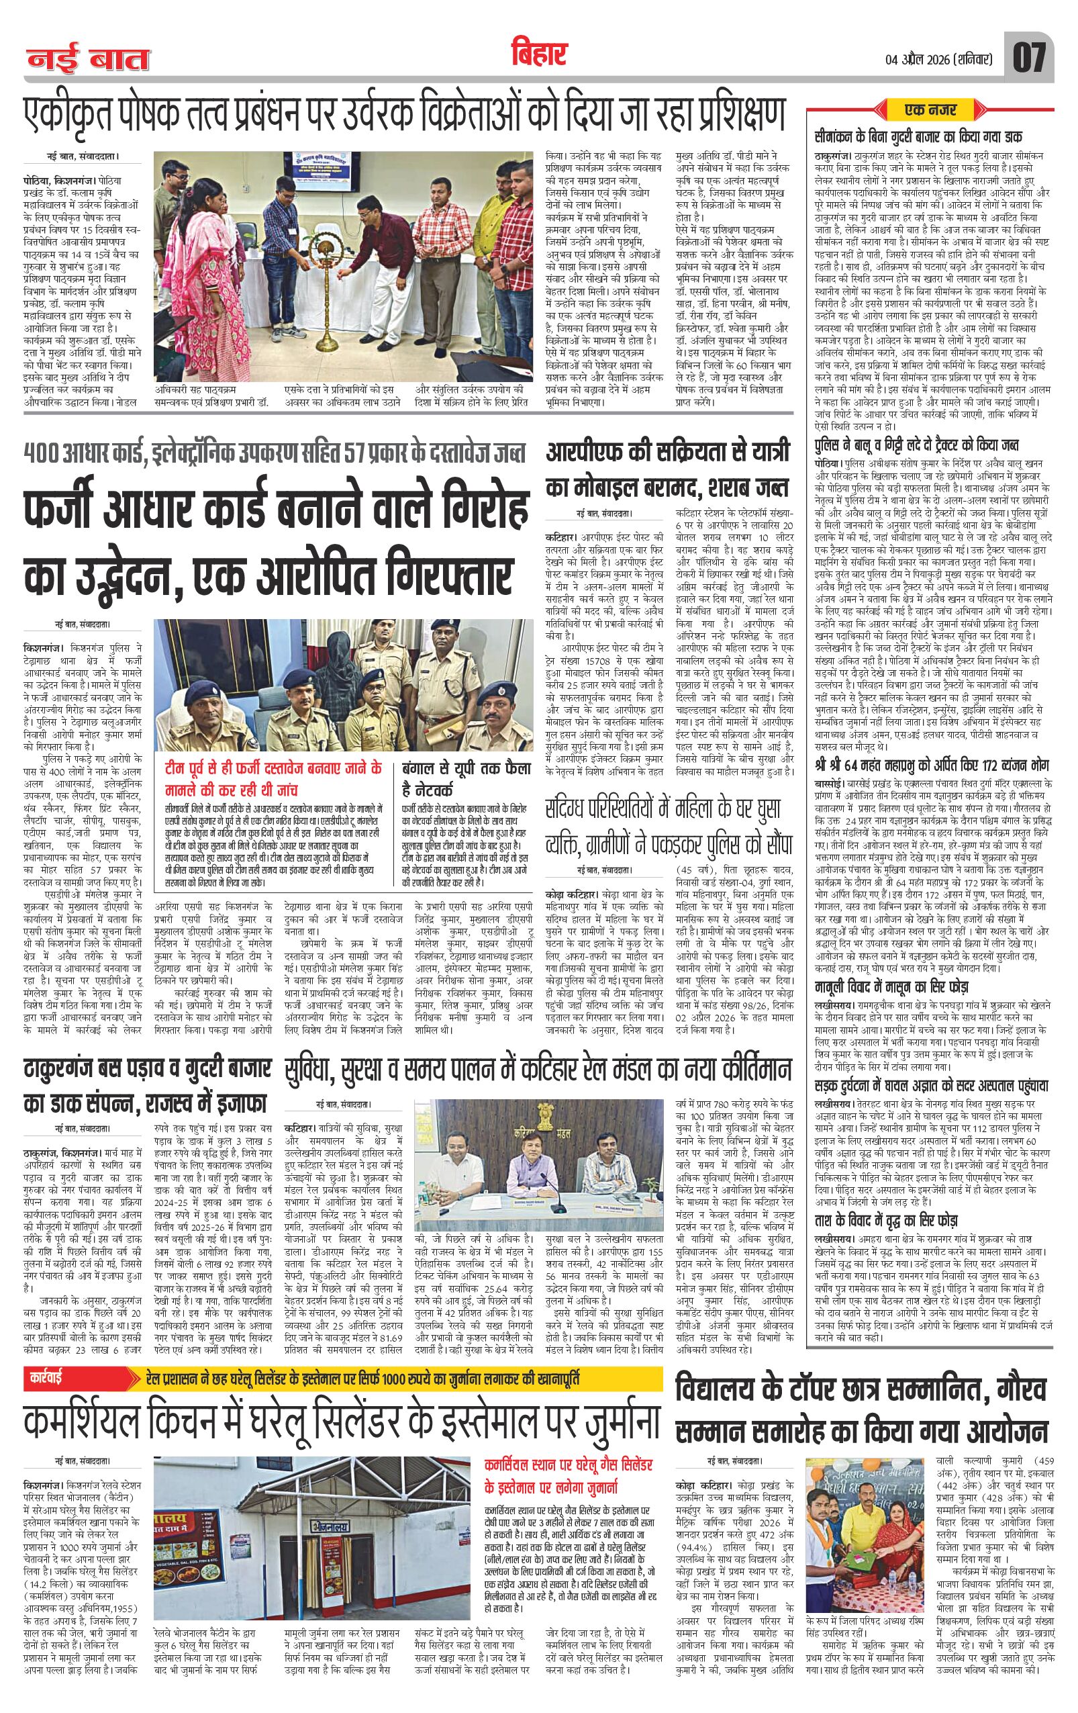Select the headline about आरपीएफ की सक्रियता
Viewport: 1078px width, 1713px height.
pos(668,471)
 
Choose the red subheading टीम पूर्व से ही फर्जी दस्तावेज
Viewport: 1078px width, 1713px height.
pos(272,777)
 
